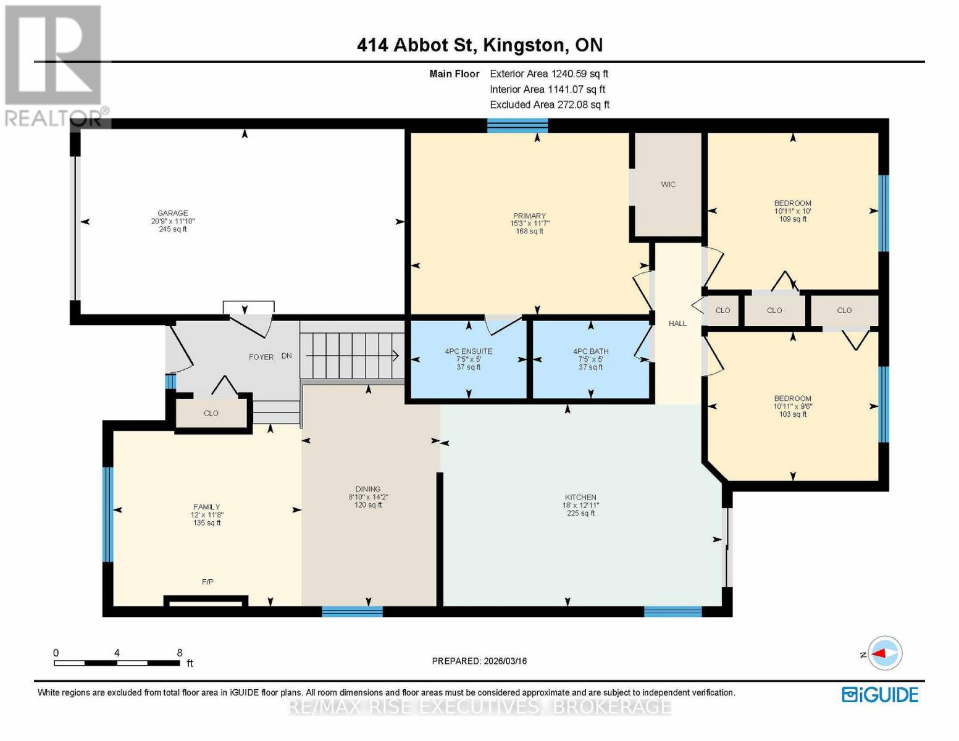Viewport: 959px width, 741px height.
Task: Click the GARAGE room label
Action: (x=172, y=213)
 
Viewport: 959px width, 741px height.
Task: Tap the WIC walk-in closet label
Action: (x=668, y=185)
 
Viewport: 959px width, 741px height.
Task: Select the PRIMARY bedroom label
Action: (x=529, y=216)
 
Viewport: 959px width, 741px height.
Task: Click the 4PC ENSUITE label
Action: (x=469, y=351)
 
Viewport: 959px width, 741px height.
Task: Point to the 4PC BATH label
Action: (x=590, y=351)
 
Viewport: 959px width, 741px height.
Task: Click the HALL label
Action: (x=677, y=324)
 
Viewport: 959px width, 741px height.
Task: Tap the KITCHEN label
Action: (x=580, y=497)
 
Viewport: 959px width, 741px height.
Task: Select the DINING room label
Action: (x=368, y=489)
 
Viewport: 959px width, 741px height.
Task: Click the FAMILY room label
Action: (x=206, y=507)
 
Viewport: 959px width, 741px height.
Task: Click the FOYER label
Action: (x=261, y=357)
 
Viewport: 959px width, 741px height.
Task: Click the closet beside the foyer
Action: (x=211, y=413)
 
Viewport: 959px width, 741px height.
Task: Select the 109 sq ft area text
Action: (x=793, y=219)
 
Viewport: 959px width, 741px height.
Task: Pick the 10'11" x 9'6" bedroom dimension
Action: (x=793, y=406)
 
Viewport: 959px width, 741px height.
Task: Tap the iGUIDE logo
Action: (x=880, y=695)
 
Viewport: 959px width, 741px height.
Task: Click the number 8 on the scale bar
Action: (x=180, y=653)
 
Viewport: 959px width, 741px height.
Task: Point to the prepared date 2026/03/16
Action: (x=504, y=661)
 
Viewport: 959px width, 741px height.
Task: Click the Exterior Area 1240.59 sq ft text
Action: (x=549, y=73)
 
